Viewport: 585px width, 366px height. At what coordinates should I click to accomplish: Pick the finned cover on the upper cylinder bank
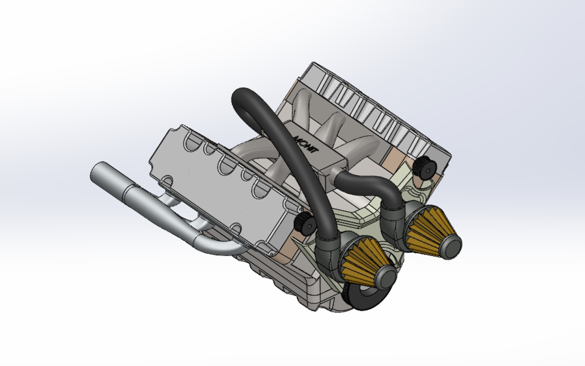click(366, 107)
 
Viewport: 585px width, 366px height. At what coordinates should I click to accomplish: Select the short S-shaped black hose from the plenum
click(366, 182)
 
